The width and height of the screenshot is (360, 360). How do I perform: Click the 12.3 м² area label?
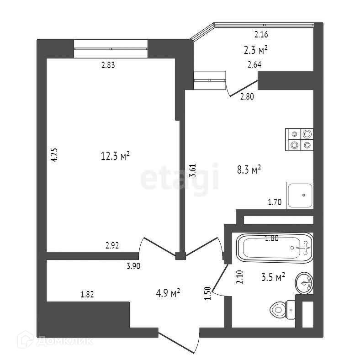point(115,157)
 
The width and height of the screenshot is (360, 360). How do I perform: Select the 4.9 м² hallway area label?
point(168,291)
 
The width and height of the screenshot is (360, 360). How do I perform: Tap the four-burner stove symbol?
point(300,139)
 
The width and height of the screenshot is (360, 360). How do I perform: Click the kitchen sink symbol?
point(300,195)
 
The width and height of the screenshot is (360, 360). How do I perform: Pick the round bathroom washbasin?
point(304,283)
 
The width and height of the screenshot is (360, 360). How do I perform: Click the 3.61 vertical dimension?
point(193,171)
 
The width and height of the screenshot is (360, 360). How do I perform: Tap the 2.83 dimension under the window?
point(108,65)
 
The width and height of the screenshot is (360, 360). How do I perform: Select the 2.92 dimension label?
point(112,245)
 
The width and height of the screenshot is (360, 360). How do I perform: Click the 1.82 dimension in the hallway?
point(87,295)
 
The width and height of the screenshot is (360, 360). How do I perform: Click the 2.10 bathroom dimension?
point(239,277)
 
